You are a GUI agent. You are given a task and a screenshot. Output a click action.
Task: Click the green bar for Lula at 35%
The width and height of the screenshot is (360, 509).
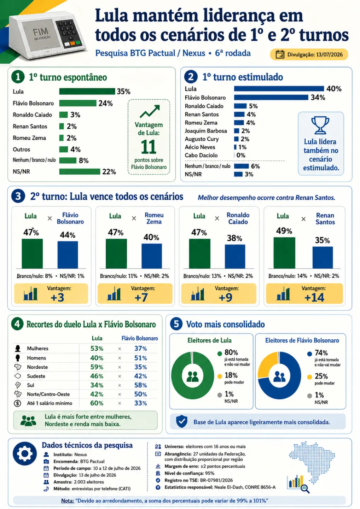point(87,91)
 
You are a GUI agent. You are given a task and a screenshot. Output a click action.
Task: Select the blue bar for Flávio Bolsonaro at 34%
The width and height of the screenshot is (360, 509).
point(271,98)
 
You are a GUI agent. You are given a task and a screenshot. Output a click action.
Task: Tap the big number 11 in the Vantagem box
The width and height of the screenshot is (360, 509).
point(149,147)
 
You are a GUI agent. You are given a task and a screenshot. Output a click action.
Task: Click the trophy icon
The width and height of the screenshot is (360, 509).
point(320,125)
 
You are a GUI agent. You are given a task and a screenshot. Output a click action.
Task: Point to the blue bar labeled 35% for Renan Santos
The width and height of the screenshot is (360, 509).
point(323,257)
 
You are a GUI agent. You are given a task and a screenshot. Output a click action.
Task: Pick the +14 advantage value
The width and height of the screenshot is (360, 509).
point(314,298)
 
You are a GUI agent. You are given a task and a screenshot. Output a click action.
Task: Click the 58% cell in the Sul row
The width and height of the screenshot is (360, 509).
point(140,385)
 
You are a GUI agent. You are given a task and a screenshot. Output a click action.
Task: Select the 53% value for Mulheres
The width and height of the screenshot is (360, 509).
point(97,349)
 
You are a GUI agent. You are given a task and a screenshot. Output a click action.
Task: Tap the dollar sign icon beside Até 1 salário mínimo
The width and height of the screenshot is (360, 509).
point(17,403)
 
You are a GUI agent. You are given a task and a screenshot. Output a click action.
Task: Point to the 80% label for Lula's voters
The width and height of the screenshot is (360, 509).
point(231,352)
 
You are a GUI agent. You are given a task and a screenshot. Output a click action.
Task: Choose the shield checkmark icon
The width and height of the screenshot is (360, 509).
point(182,421)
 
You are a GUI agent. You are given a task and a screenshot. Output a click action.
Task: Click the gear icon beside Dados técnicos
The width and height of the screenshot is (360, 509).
point(25,454)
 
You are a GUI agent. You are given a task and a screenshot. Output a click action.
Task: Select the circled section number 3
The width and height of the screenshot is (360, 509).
point(18,196)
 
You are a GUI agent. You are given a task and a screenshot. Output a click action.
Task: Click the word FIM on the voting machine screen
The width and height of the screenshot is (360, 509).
point(40,31)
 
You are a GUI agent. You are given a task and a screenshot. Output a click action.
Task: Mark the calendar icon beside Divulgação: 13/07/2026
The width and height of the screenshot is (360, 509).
point(280,54)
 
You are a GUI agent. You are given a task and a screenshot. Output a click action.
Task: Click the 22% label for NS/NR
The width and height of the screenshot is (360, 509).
point(109,172)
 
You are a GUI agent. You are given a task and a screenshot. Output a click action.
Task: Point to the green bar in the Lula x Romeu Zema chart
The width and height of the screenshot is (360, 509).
point(116,253)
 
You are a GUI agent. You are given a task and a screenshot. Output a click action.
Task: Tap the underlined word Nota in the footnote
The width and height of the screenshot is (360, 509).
point(68,501)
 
